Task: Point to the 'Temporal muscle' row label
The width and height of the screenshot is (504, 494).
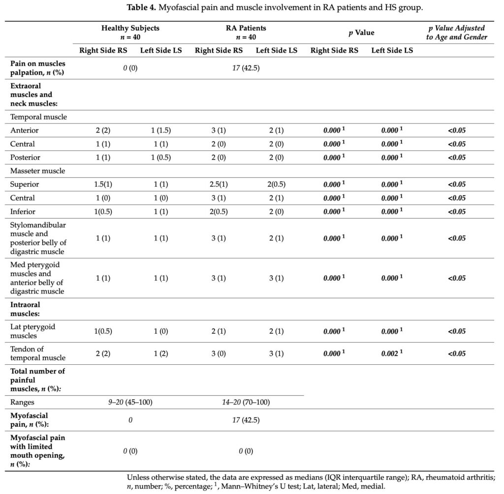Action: [x=38, y=117]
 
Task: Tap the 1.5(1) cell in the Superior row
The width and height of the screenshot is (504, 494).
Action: [x=103, y=184]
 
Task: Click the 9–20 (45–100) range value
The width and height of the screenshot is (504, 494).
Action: [x=130, y=402]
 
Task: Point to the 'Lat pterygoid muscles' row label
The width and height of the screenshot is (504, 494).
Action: [x=31, y=331]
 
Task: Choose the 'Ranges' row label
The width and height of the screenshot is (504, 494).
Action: [x=23, y=402]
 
